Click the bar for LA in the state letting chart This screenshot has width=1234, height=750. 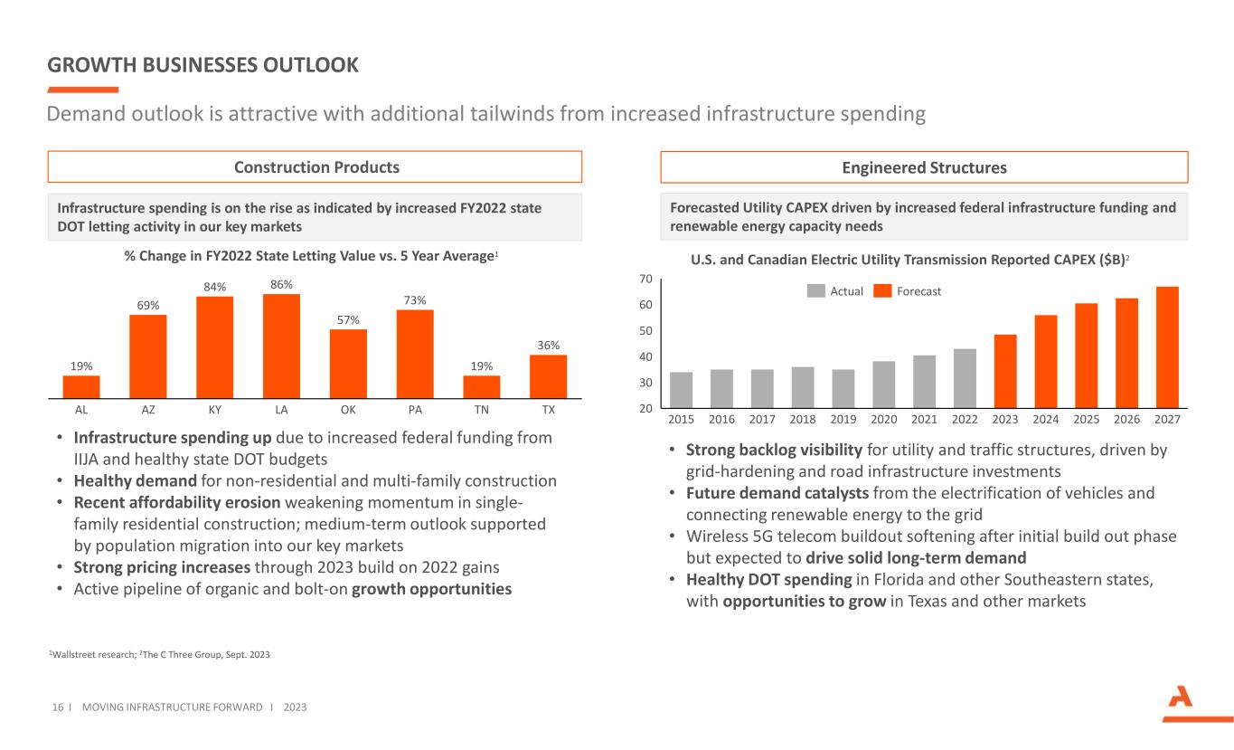(281, 346)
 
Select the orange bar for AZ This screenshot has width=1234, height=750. (147, 356)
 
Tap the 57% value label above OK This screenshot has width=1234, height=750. (348, 319)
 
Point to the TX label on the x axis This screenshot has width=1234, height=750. (548, 409)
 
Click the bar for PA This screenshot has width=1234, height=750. (415, 354)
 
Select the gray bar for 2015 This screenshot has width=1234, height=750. (681, 388)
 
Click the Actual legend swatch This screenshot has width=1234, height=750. (816, 291)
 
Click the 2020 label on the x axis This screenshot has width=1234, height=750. (883, 420)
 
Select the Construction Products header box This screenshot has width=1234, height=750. (315, 167)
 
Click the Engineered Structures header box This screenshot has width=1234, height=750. (924, 167)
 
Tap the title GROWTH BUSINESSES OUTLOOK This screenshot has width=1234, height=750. (203, 65)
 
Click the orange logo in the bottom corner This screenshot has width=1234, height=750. (1183, 703)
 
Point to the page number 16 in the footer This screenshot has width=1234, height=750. (55, 707)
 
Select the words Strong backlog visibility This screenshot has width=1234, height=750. (774, 450)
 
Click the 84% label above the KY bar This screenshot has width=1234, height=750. (214, 288)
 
